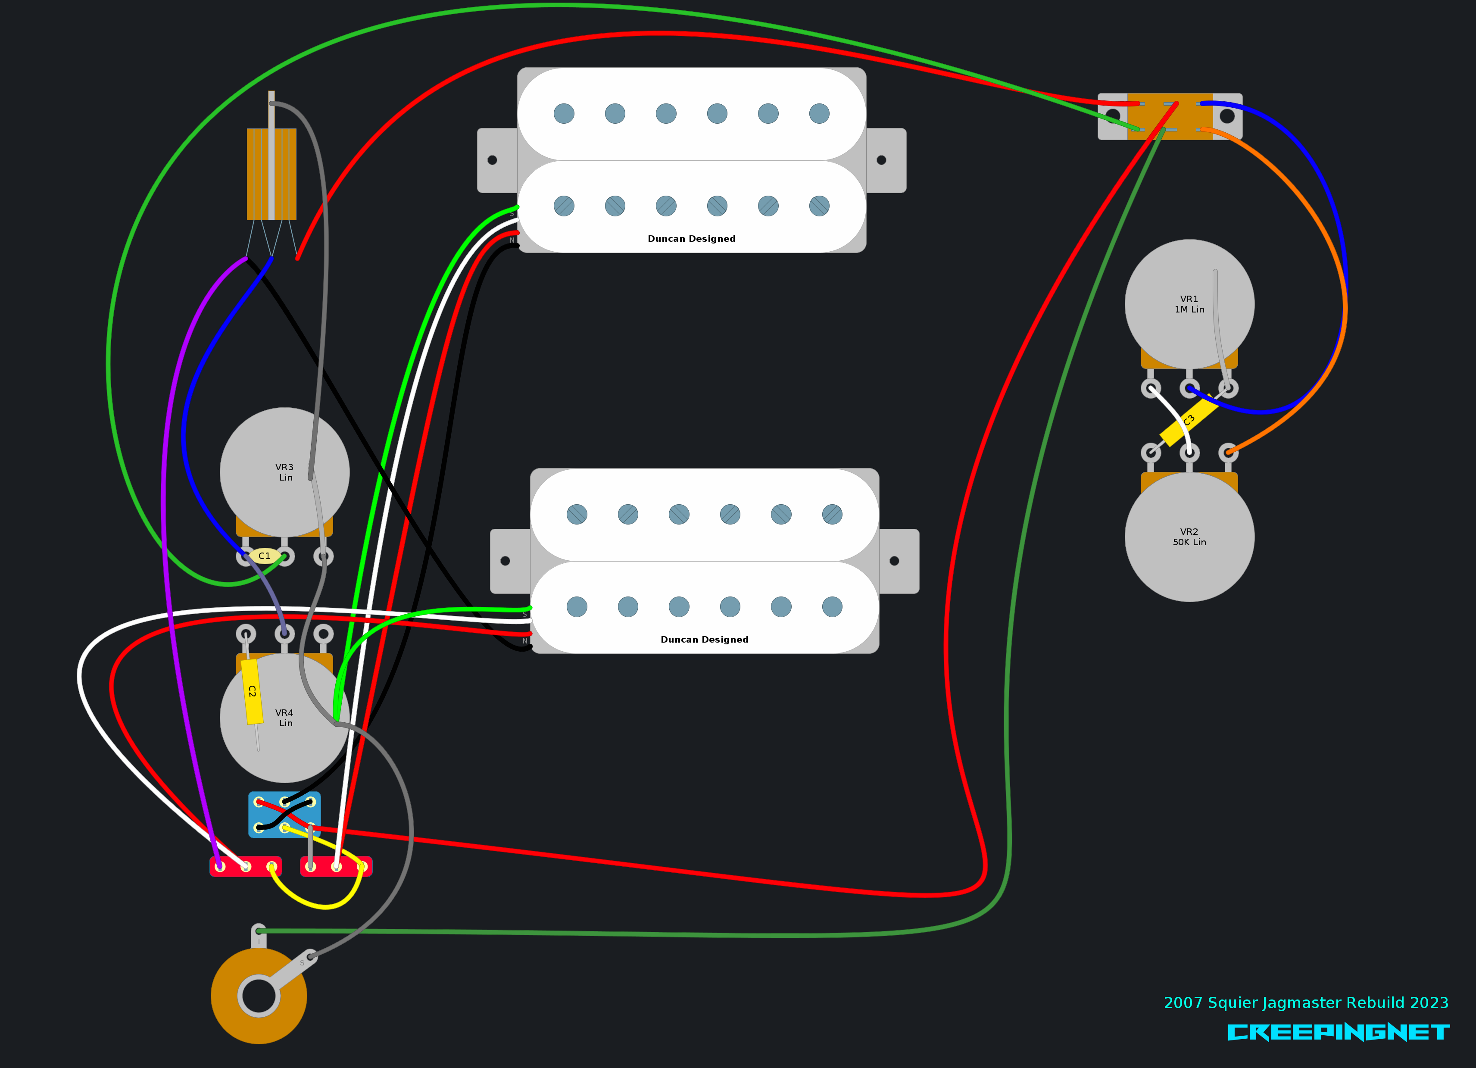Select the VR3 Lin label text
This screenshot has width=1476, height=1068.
(284, 472)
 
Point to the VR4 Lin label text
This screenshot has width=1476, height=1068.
(284, 718)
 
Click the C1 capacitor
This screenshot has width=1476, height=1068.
(264, 556)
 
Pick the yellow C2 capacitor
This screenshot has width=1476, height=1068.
(252, 691)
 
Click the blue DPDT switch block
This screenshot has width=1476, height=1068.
(284, 814)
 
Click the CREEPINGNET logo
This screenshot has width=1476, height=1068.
(1338, 1032)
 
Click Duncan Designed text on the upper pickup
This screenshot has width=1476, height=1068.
(691, 239)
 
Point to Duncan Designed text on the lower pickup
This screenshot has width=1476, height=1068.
(704, 640)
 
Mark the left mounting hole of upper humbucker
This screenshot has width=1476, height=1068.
(492, 160)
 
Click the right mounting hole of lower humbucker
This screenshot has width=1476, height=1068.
(894, 561)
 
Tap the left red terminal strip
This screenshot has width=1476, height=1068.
(245, 866)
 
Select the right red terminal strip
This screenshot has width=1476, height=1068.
(336, 866)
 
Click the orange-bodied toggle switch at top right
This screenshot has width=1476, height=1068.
(1170, 116)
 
